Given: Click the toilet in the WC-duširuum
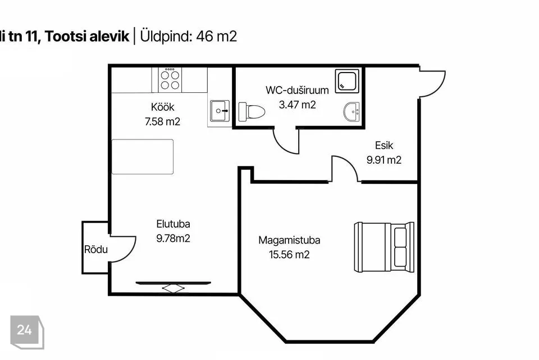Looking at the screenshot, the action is pyautogui.click(x=252, y=111).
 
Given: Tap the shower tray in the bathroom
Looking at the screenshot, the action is pyautogui.click(x=347, y=80).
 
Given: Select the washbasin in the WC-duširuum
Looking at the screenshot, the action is pyautogui.click(x=351, y=112).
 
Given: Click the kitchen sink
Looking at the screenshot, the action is pyautogui.click(x=220, y=111).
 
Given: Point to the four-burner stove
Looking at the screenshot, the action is pyautogui.click(x=170, y=80).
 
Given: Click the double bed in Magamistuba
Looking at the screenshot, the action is pyautogui.click(x=384, y=247).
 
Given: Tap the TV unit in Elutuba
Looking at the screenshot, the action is pyautogui.click(x=173, y=286).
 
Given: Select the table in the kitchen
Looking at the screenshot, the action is pyautogui.click(x=143, y=157).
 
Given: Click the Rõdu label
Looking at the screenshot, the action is pyautogui.click(x=96, y=249).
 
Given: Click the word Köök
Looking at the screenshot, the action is pyautogui.click(x=163, y=107).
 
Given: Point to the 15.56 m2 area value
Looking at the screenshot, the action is pyautogui.click(x=289, y=255).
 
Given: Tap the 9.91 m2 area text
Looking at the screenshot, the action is pyautogui.click(x=384, y=160).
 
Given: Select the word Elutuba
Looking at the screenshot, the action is pyautogui.click(x=173, y=224).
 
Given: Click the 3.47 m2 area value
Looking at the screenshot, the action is pyautogui.click(x=298, y=105).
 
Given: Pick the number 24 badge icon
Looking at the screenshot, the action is pyautogui.click(x=27, y=332).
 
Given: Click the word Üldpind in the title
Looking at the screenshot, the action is pyautogui.click(x=165, y=36).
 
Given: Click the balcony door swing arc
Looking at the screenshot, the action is pyautogui.click(x=129, y=254).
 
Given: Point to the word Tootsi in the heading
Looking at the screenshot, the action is pyautogui.click(x=65, y=36).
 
